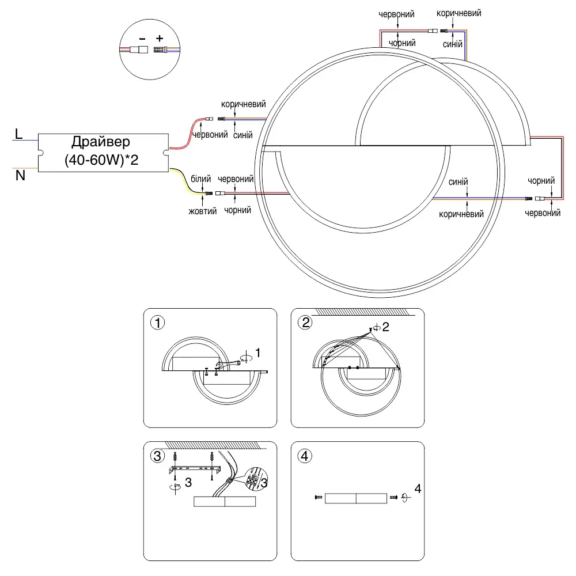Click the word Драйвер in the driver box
[101, 142]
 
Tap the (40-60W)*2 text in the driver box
[101, 160]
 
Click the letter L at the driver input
[18, 134]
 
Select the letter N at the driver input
[20, 176]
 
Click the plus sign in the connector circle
[160, 38]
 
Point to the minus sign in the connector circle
[142, 39]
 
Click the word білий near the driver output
[200, 179]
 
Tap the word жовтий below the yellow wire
[202, 211]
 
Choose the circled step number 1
[158, 323]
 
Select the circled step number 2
[305, 323]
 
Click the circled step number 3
[158, 456]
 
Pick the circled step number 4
[305, 456]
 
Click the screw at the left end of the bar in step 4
[319, 498]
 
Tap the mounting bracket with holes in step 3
[195, 469]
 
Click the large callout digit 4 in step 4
[418, 488]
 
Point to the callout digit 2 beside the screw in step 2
[385, 327]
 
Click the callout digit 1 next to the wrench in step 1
[258, 353]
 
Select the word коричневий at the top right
[459, 13]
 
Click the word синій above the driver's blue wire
[243, 135]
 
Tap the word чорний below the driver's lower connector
[237, 210]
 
